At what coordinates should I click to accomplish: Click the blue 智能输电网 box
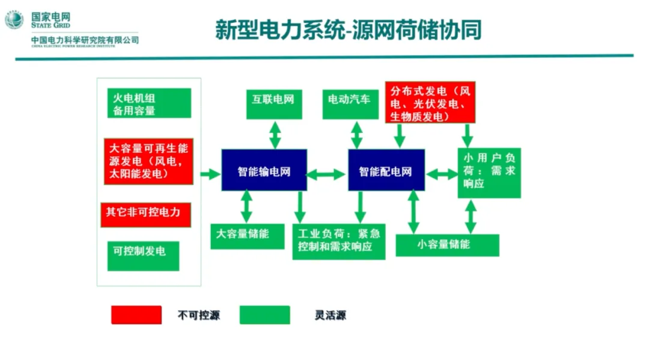264,171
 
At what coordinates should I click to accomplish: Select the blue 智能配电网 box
386,171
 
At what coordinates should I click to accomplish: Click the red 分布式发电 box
430,102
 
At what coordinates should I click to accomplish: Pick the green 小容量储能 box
447,245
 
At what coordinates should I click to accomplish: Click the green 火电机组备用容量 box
148,103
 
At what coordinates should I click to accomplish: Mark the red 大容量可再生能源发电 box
148,162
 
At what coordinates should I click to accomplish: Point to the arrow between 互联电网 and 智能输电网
275,135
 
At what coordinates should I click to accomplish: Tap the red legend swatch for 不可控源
136,315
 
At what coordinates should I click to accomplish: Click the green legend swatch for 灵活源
264,315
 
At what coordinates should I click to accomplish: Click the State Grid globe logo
14,20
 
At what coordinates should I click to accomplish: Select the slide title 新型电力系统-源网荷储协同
348,31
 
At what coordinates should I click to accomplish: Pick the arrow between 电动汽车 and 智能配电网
356,135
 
